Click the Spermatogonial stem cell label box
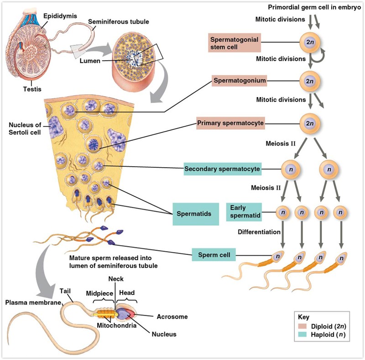tap(235, 43)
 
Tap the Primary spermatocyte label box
tap(231, 123)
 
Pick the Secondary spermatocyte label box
tap(222, 169)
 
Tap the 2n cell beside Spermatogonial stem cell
tap(310, 43)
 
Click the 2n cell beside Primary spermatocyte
tap(310, 123)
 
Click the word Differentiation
tap(259, 232)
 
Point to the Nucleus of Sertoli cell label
tap(24, 129)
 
